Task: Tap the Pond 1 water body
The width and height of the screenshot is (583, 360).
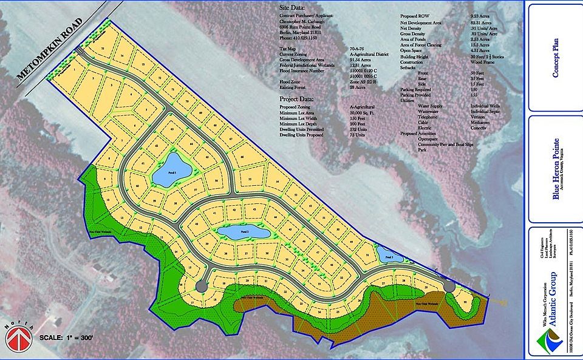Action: pyautogui.click(x=171, y=170)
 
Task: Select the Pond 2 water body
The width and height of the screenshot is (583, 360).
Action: pyautogui.click(x=244, y=232)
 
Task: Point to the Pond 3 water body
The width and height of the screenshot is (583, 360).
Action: pyautogui.click(x=385, y=255)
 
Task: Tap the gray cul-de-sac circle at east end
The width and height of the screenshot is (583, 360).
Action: pyautogui.click(x=448, y=286)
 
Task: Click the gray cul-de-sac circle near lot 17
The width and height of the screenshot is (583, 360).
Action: pyautogui.click(x=200, y=284)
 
